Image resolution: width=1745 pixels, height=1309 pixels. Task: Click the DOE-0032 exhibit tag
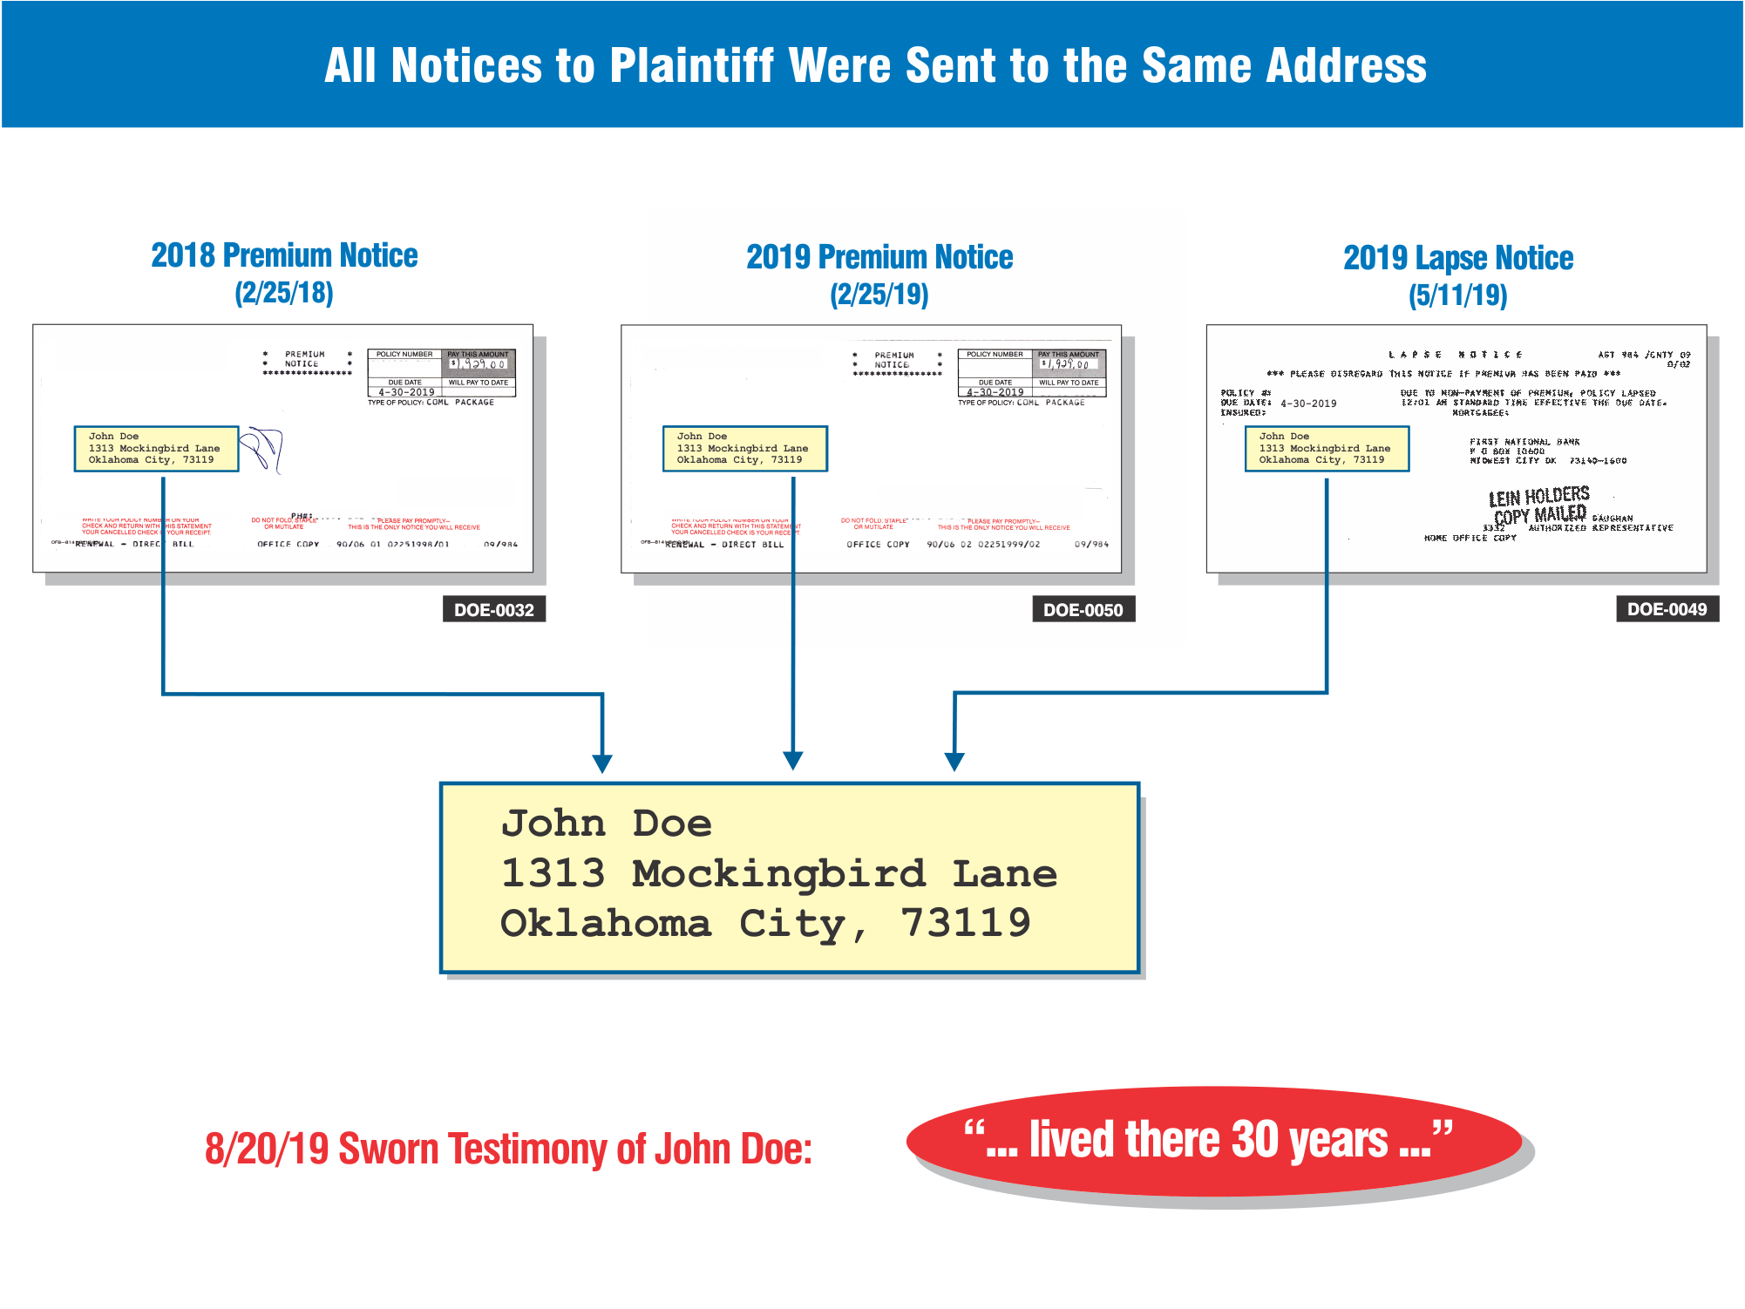(x=493, y=609)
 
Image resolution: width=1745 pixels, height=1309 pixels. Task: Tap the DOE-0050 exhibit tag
(x=1083, y=609)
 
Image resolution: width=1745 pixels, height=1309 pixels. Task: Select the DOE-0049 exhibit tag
(x=1667, y=608)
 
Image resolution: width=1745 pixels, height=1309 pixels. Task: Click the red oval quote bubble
(x=1213, y=1141)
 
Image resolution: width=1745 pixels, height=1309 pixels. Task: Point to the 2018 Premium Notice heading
(x=284, y=255)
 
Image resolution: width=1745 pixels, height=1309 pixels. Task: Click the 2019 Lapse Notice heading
(x=1457, y=258)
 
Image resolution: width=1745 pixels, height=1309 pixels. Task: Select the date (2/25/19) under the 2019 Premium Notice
(x=879, y=295)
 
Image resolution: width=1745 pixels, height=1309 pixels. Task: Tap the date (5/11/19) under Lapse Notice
(x=1457, y=295)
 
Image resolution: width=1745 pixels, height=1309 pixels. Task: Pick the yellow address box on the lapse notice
(x=1327, y=448)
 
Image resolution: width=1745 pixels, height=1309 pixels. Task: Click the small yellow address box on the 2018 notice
(x=156, y=448)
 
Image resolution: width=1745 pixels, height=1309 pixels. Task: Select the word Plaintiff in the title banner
(x=692, y=65)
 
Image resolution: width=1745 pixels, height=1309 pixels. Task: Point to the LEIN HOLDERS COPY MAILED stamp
(x=1538, y=506)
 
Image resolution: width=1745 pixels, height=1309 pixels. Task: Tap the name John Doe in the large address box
(x=606, y=824)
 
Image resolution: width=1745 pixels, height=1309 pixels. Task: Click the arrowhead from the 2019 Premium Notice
(x=792, y=761)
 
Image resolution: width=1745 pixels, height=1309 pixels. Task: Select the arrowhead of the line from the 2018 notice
(x=601, y=763)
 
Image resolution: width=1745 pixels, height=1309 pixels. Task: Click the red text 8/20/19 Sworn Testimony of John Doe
(x=508, y=1149)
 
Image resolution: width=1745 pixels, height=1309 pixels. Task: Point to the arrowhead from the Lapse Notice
(x=954, y=762)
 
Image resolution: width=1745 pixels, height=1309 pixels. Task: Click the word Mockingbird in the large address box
(x=778, y=873)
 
